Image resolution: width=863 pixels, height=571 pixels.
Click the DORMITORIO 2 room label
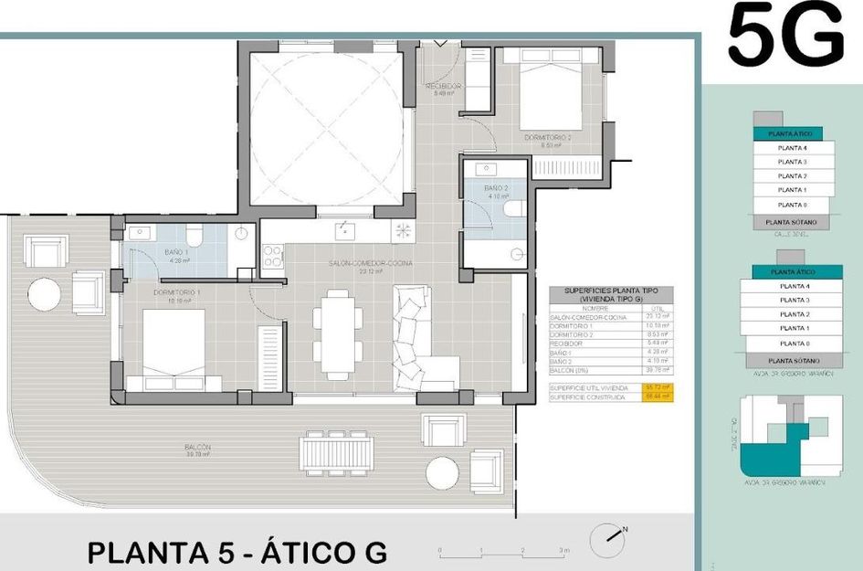[x=548, y=137]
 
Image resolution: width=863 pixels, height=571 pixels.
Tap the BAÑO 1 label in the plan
[x=176, y=252]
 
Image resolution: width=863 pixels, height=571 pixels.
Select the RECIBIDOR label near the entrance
[x=445, y=86]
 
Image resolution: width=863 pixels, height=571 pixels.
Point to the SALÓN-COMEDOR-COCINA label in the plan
[x=371, y=262]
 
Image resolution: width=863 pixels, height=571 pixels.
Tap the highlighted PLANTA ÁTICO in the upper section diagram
[x=791, y=133]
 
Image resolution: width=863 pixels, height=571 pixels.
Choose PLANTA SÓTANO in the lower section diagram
[x=790, y=361]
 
